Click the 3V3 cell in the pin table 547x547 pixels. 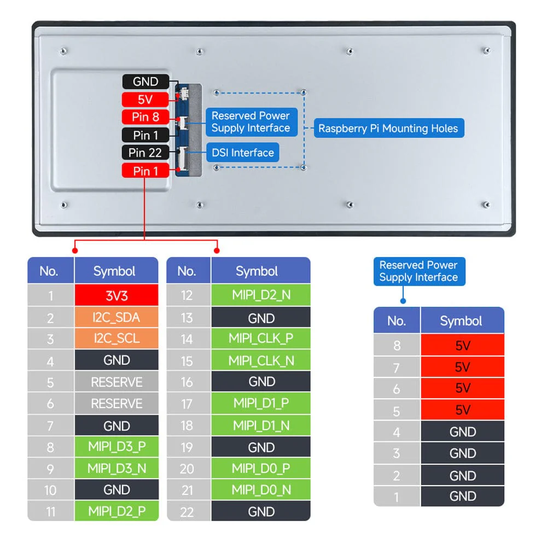(117, 296)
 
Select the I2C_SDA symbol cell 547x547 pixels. (117, 317)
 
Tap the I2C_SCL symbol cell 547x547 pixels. (117, 339)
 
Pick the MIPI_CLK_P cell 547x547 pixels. (261, 339)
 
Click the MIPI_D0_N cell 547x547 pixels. (261, 490)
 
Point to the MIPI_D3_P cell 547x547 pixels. (117, 447)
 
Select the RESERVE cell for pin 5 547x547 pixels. (117, 382)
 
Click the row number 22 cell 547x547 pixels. (187, 511)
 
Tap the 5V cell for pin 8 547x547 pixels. (462, 345)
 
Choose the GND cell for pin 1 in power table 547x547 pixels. (462, 496)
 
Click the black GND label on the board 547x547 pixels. (146, 82)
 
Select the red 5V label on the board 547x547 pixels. (146, 100)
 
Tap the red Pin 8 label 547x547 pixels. (146, 117)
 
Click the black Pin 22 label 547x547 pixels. (146, 153)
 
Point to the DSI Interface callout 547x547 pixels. (242, 153)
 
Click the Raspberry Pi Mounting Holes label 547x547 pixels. (388, 129)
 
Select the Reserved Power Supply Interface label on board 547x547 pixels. (251, 122)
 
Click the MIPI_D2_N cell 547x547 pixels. (261, 295)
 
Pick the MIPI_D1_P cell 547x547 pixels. (261, 403)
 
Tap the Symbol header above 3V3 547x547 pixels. (114, 271)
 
